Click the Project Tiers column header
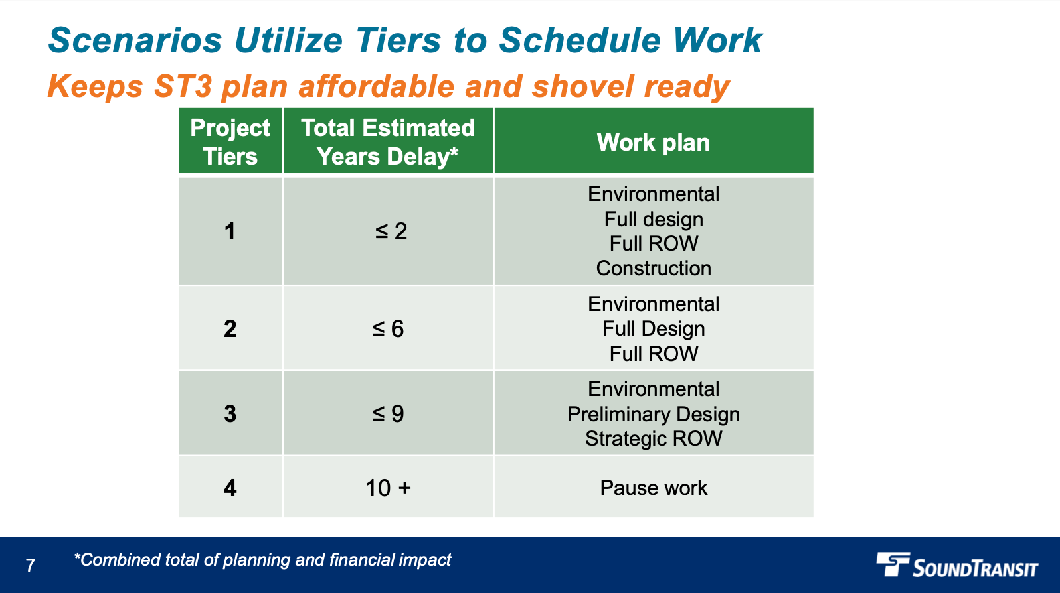click(230, 141)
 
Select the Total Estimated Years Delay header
click(388, 141)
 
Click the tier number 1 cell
click(230, 231)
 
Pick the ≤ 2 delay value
click(391, 231)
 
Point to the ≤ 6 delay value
click(388, 328)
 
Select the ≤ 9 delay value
click(388, 413)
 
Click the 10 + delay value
click(388, 488)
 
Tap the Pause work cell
click(654, 488)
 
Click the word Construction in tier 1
click(654, 268)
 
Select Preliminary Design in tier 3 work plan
click(654, 414)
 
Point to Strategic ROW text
click(654, 438)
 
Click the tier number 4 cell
click(230, 488)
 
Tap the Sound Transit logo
click(956, 566)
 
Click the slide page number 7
click(30, 565)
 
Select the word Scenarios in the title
click(135, 40)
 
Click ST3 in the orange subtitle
click(183, 86)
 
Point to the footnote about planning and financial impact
click(262, 560)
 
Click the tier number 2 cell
click(230, 328)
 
